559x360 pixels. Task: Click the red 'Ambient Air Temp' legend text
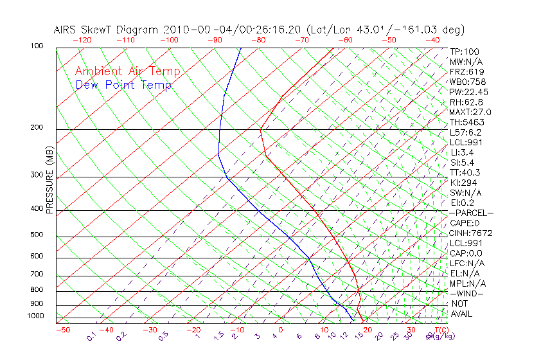coord(127,71)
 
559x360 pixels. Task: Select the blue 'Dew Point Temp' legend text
coord(123,85)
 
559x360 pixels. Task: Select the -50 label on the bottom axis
coord(62,330)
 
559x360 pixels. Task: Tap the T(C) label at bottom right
coord(441,330)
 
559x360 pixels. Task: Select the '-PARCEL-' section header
coord(471,213)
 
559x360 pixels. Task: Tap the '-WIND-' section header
coord(467,293)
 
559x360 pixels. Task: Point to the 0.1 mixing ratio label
coord(91,336)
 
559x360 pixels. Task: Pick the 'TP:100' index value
coord(465,51)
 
